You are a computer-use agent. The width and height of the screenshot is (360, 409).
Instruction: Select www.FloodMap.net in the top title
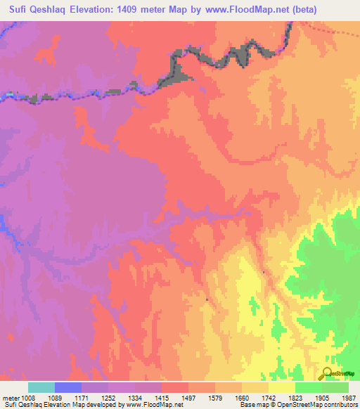click(243, 10)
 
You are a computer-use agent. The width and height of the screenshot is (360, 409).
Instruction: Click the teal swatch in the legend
click(41, 387)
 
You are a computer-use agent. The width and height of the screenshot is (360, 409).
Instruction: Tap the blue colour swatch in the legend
click(68, 387)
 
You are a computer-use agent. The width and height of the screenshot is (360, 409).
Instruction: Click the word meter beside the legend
click(11, 398)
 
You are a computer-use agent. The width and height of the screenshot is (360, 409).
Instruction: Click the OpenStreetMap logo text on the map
click(342, 374)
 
